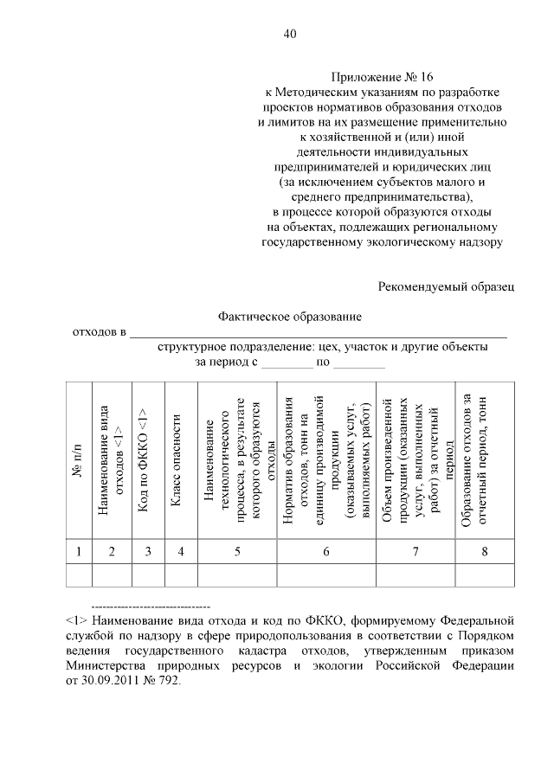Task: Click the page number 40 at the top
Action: pyautogui.click(x=290, y=35)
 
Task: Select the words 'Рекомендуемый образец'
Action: pyautogui.click(x=448, y=285)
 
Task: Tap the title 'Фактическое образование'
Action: pyautogui.click(x=290, y=318)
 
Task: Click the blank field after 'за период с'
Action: pyautogui.click(x=287, y=364)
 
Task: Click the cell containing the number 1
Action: pyautogui.click(x=78, y=551)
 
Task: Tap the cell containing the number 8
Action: pyautogui.click(x=484, y=551)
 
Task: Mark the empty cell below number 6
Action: pyautogui.click(x=326, y=574)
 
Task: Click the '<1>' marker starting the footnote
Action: pyautogui.click(x=75, y=620)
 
